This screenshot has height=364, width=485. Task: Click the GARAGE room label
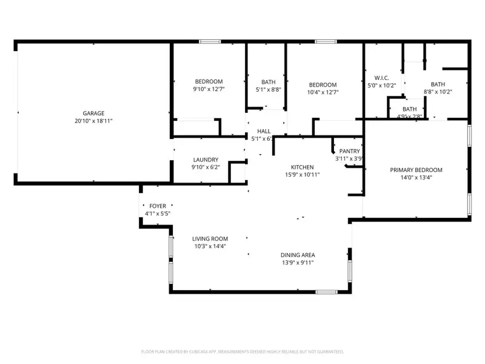tap(94, 113)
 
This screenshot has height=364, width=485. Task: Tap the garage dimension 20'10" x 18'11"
tap(94, 121)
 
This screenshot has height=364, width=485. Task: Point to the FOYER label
tap(158, 206)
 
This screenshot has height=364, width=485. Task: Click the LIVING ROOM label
tap(210, 238)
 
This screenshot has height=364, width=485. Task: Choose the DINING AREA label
tap(297, 255)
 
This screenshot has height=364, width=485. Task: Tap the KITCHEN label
tap(301, 167)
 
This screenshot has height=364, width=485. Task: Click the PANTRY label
tap(350, 151)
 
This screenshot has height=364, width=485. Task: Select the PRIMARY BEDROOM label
tap(416, 170)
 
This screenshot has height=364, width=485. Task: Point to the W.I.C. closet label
tap(381, 78)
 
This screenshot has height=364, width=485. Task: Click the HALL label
tap(264, 131)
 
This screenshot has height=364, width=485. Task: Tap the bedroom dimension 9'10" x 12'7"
tap(209, 90)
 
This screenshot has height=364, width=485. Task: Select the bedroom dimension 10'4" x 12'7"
tap(323, 92)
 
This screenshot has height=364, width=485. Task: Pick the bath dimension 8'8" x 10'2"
tap(438, 92)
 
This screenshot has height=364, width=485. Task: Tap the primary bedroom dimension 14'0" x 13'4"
tap(416, 178)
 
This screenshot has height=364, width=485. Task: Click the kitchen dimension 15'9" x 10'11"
tap(301, 175)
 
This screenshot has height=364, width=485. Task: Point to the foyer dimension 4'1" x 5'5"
tap(158, 214)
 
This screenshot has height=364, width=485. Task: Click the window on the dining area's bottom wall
tap(326, 292)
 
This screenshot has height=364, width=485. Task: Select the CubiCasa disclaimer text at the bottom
tap(242, 351)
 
